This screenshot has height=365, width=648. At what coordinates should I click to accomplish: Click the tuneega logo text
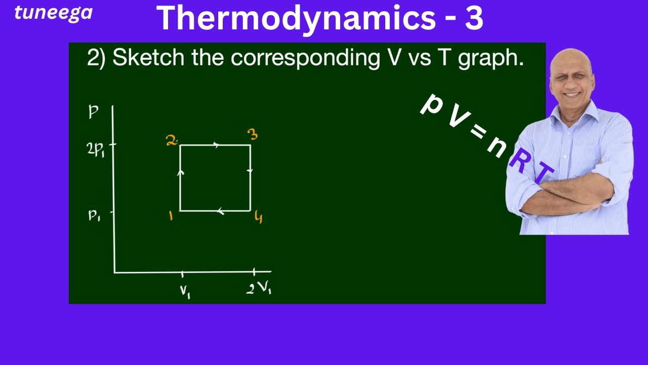pos(53,13)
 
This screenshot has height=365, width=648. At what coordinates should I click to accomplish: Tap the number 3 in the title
pos(473,18)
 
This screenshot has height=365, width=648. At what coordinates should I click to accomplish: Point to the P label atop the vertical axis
pos(93,112)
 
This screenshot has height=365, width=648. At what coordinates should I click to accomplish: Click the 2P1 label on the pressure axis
pos(96,149)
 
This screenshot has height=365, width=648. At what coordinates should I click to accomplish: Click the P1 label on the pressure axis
pos(94,215)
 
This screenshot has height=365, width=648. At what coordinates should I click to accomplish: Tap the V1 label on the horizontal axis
pos(185,291)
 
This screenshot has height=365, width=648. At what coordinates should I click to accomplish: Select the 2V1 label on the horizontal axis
pos(259,288)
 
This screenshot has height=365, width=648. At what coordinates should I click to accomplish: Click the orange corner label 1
pos(171,216)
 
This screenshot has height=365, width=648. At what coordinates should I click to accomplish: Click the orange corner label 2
pos(172,140)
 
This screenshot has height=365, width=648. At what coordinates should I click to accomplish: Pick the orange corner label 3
pos(253,135)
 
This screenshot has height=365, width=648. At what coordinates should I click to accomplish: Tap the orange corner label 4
pos(259,218)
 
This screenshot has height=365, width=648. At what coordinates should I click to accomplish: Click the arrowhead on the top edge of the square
pos(217,145)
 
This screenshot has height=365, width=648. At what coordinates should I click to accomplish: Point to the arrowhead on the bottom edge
pos(220,211)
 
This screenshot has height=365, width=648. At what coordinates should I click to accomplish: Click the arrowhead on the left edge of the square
pos(181,173)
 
